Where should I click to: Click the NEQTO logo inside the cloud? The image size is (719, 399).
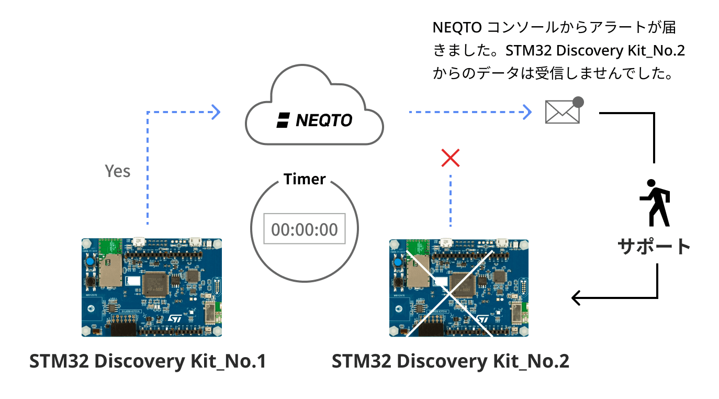(314, 120)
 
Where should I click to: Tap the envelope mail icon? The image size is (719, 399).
(562, 112)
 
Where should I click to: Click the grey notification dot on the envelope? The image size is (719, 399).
(578, 102)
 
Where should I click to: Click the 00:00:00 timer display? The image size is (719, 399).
(304, 229)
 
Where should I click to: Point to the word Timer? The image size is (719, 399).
(305, 179)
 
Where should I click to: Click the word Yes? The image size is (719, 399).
(118, 171)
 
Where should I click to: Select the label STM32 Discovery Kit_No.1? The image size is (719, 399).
(148, 361)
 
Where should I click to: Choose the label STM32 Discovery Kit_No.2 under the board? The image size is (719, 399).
(450, 361)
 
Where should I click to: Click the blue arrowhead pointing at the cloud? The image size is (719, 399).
(215, 111)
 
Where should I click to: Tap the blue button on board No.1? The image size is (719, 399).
(91, 261)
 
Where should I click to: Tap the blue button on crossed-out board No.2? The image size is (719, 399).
(399, 262)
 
